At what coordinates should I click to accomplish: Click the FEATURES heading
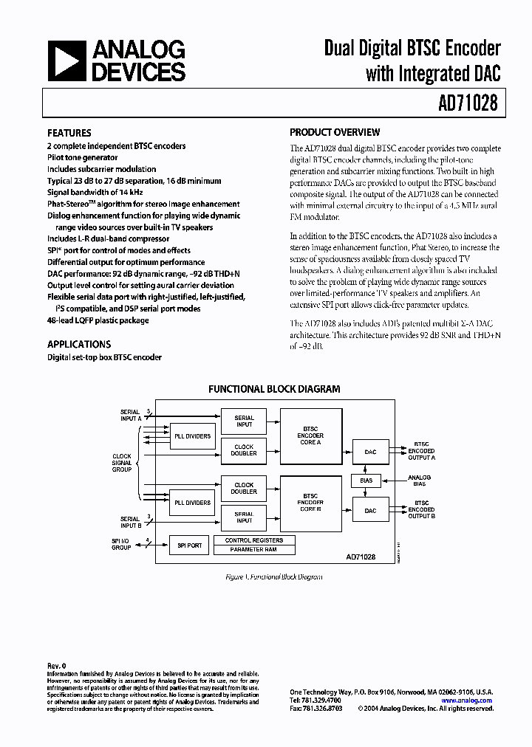[x=69, y=133]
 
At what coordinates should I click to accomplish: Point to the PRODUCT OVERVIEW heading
[x=335, y=133]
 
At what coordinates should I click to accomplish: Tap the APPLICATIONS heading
[x=79, y=344]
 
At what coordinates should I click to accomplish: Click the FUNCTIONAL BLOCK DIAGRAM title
[x=274, y=388]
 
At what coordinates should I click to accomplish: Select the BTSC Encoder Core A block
[x=310, y=436]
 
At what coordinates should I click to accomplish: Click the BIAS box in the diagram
[x=366, y=481]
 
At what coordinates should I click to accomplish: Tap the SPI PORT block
[x=190, y=545]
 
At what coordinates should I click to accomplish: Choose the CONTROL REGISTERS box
[x=253, y=540]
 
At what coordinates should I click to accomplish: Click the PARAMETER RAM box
[x=253, y=550]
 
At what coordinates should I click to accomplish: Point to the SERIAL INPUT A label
[x=130, y=415]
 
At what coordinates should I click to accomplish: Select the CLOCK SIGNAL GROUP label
[x=122, y=463]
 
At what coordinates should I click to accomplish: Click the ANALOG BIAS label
[x=420, y=481]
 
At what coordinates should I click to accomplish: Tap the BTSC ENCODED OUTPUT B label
[x=421, y=509]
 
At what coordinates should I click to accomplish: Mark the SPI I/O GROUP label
[x=120, y=545]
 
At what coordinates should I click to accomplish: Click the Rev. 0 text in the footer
[x=57, y=665]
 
